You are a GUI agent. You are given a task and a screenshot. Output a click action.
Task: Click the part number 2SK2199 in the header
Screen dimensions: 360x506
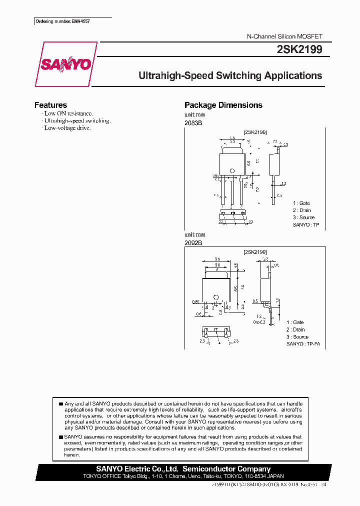coord(299,50)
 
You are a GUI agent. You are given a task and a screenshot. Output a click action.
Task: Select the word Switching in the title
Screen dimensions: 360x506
coord(238,76)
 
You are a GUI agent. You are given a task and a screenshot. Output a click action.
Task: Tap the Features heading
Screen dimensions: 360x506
coord(50,105)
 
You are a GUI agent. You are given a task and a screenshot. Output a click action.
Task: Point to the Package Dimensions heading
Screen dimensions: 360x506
coord(223,105)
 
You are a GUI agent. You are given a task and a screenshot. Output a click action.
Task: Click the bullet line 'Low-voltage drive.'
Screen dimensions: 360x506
coord(67,128)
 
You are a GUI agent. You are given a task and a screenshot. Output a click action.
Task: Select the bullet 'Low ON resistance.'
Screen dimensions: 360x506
coord(68,113)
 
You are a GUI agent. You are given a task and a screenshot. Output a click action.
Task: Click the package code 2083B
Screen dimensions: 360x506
coord(193,123)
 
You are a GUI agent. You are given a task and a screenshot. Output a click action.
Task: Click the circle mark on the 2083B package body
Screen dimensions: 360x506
coord(231,171)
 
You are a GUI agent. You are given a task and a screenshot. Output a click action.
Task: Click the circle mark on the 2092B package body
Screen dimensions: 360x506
coord(216,298)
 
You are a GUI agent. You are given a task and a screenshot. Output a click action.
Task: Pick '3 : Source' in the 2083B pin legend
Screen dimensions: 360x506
coord(303,217)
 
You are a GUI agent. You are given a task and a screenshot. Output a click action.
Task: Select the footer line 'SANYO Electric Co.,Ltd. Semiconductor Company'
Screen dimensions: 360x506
coord(183,469)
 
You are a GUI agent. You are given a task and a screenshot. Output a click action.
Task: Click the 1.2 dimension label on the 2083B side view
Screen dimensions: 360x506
coord(283,184)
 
